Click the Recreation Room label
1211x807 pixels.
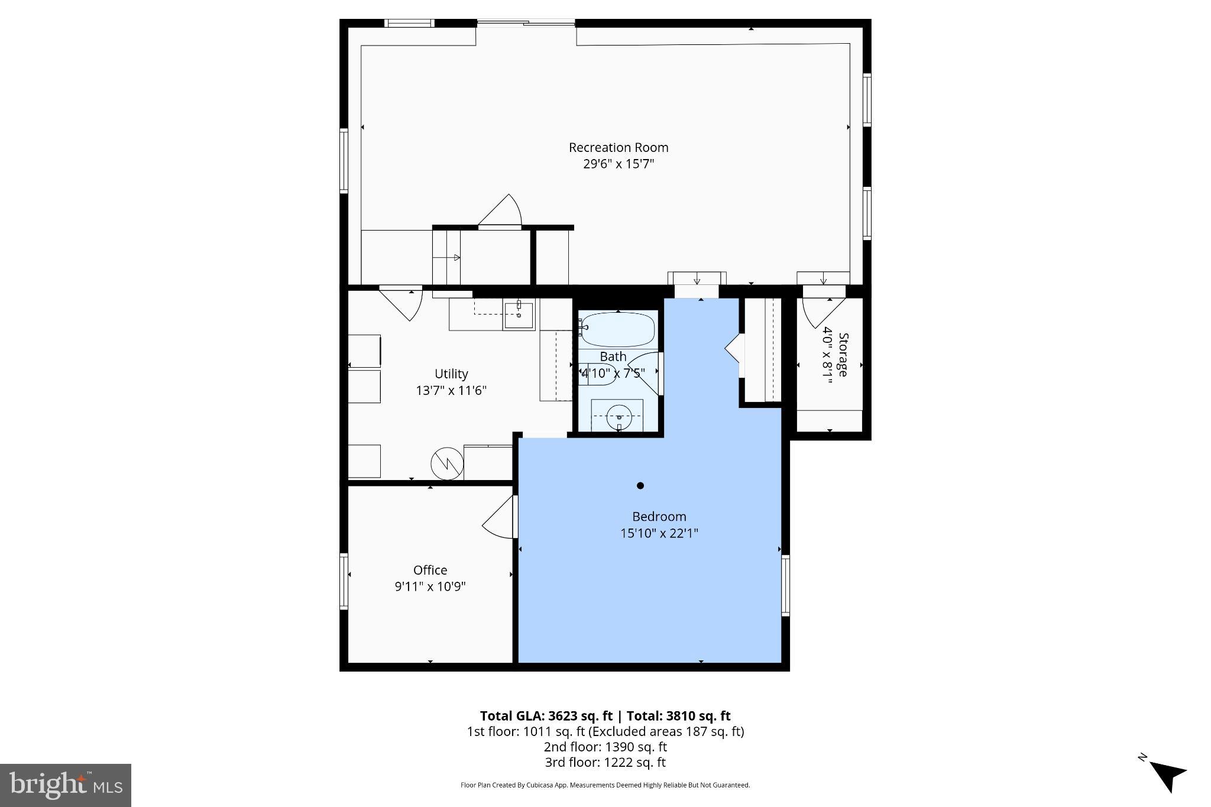pyautogui.click(x=618, y=147)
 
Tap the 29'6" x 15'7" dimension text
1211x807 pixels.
pyautogui.click(x=618, y=164)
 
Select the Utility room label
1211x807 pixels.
pyautogui.click(x=451, y=374)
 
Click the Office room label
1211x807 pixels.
pyautogui.click(x=430, y=570)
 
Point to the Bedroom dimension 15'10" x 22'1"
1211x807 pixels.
pyautogui.click(x=659, y=533)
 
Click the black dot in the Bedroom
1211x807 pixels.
pyautogui.click(x=640, y=486)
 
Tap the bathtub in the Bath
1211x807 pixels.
pyautogui.click(x=618, y=329)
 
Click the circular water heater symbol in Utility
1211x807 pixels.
pyautogui.click(x=447, y=464)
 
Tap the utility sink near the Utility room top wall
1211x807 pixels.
pyautogui.click(x=519, y=315)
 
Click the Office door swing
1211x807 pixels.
pyautogui.click(x=500, y=518)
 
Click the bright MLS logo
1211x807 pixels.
pyautogui.click(x=65, y=785)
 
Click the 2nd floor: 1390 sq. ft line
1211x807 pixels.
pyautogui.click(x=605, y=747)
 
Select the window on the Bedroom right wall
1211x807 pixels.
pyautogui.click(x=785, y=585)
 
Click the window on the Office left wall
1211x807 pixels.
pyautogui.click(x=344, y=581)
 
